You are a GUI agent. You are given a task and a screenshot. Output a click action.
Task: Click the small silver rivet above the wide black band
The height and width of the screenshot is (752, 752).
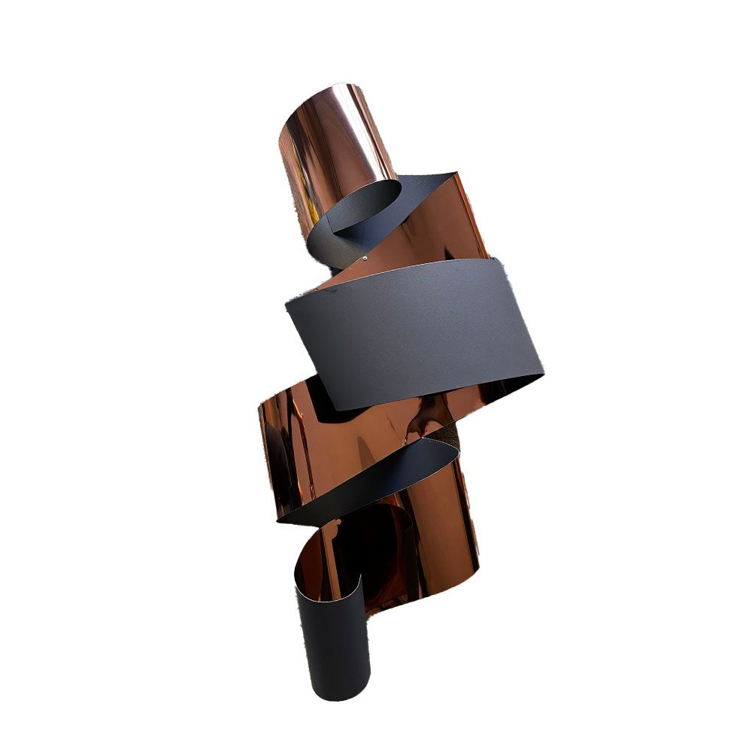point(365,257)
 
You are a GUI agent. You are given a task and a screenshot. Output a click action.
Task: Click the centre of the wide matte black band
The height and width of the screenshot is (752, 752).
point(414,331)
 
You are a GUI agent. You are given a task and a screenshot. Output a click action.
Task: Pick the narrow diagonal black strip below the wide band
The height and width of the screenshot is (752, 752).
point(368,481)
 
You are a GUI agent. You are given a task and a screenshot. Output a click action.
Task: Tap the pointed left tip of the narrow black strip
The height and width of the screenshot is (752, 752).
point(279,519)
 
